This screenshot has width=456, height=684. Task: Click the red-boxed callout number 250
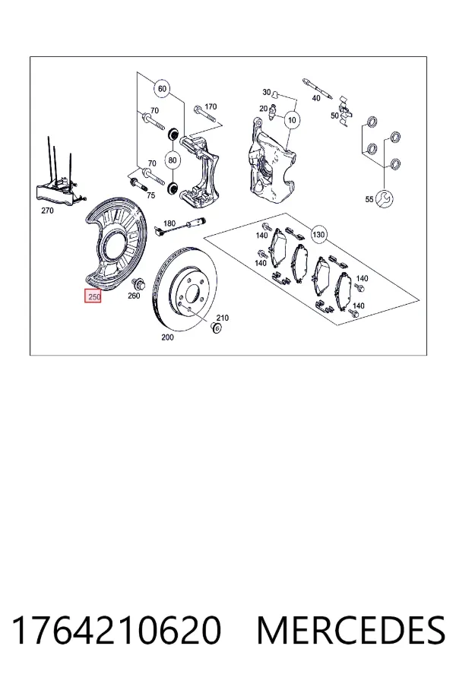93,296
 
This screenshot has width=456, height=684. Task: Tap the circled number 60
162,89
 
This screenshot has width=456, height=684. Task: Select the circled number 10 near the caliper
292,119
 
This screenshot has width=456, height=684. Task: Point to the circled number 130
318,235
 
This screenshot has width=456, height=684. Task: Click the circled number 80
173,160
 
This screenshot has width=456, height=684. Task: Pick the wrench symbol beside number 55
385,199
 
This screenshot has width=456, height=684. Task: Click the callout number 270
47,211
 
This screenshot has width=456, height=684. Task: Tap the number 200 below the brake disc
167,337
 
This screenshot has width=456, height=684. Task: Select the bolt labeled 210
214,328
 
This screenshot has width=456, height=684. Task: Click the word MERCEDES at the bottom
350,630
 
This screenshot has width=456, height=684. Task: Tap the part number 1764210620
116,630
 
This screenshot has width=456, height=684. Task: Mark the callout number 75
151,195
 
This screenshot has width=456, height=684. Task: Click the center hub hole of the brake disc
192,294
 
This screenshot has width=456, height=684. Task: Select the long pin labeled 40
318,89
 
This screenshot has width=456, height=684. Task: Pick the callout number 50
334,116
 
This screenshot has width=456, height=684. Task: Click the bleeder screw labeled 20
274,112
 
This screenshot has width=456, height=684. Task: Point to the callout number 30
267,92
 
